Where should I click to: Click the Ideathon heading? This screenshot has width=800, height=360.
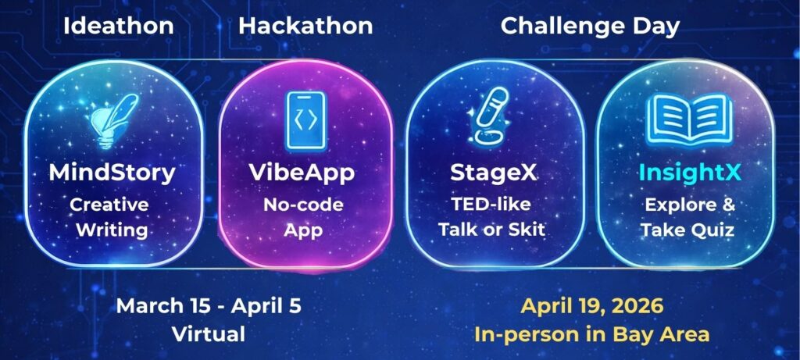[x=119, y=27]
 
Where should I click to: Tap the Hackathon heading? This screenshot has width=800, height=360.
[x=305, y=27]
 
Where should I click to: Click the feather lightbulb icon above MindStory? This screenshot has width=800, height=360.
[x=113, y=121]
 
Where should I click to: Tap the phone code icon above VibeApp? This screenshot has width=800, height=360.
[x=305, y=121]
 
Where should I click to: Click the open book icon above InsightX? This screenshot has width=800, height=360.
[x=689, y=119]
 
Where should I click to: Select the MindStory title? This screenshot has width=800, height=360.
[x=112, y=173]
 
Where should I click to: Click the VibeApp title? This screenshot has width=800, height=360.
[x=302, y=173]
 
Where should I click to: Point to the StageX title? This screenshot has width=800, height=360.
[x=494, y=173]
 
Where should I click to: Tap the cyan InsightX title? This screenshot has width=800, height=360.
[x=690, y=173]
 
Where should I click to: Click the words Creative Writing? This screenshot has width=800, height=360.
[x=109, y=218]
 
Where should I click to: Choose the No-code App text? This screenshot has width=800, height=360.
[x=303, y=218]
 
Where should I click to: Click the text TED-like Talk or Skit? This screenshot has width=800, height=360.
[x=492, y=217]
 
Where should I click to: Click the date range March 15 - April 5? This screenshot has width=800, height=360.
[x=209, y=306]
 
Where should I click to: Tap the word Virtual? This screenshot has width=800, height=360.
[x=209, y=334]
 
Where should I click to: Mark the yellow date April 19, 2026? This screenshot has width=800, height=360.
[x=592, y=307]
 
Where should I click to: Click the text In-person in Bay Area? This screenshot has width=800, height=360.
[x=592, y=335]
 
